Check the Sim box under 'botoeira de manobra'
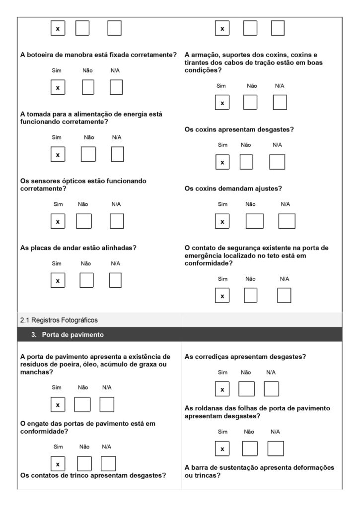[58, 87]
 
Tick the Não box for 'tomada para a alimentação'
[88, 154]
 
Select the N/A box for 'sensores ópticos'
[117, 221]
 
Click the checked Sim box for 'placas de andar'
[58, 280]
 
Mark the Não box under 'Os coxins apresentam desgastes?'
[246, 162]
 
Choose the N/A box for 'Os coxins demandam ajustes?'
[287, 221]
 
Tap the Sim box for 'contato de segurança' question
[222, 296]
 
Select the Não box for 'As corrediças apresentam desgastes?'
[246, 389]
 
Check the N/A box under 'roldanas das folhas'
[276, 448]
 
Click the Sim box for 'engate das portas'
[58, 464]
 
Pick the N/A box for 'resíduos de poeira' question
[107, 404]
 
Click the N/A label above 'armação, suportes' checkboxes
[280, 86]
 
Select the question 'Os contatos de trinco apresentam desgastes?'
[93, 476]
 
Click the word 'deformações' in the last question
[311, 468]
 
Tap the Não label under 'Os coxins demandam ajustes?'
[250, 204]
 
